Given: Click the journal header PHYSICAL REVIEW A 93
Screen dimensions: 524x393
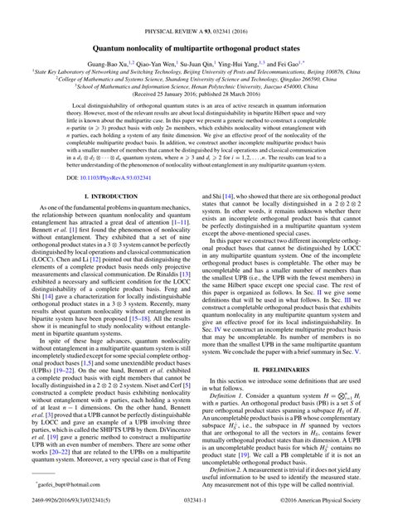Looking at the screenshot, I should pyautogui.click(x=196, y=8).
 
